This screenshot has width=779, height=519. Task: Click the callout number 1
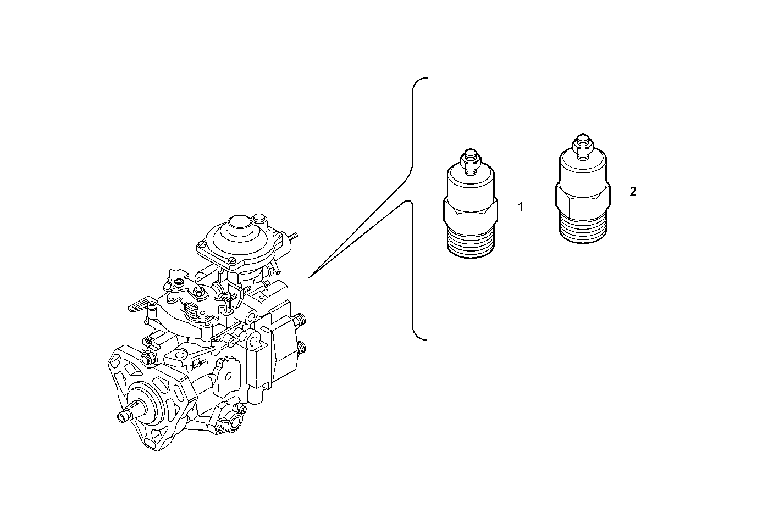[x=521, y=207]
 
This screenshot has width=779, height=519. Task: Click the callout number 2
[x=633, y=192]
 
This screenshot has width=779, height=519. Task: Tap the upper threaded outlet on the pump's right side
[x=301, y=319]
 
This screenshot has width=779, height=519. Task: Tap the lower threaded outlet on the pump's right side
[x=302, y=348]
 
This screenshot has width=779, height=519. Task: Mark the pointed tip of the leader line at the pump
[x=310, y=277]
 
